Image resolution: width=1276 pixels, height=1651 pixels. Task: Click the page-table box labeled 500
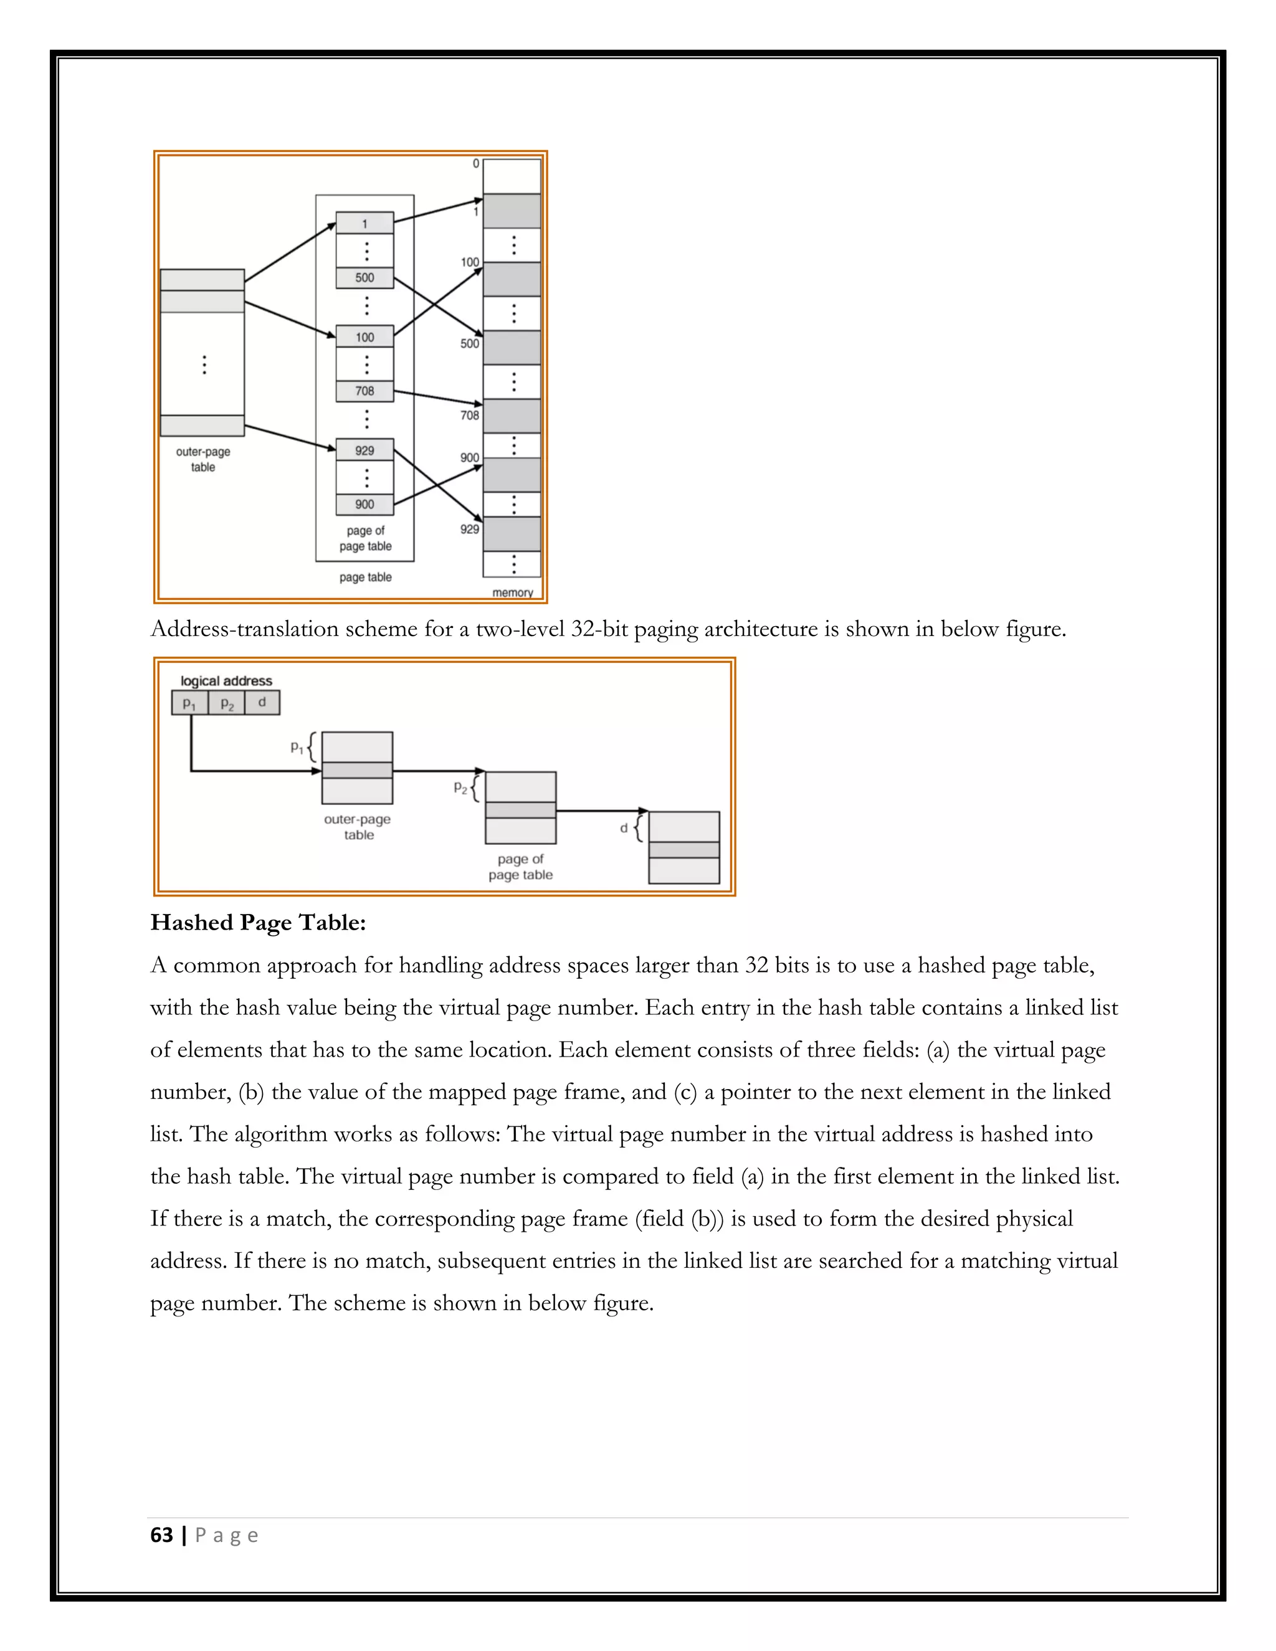[364, 277]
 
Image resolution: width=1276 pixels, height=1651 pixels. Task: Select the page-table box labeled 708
[364, 391]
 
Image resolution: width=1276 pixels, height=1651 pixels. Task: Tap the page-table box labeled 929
[364, 450]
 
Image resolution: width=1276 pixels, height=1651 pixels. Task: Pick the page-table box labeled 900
[364, 504]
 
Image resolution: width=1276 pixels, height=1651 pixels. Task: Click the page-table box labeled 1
[364, 223]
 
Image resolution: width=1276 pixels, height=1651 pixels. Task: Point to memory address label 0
[475, 163]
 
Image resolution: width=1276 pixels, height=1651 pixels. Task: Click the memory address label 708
[469, 415]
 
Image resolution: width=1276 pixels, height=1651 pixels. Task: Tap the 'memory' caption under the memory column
[513, 592]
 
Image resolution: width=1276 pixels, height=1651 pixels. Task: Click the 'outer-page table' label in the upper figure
[202, 459]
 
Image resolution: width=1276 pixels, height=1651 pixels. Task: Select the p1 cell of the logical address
[190, 702]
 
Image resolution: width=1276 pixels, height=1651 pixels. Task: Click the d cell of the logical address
[262, 702]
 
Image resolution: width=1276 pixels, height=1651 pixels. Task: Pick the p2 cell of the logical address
[226, 702]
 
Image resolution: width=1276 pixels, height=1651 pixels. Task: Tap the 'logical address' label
[226, 680]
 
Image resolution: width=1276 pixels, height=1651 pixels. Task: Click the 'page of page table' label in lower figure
[520, 867]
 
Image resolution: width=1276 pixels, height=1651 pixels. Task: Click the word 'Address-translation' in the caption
[244, 629]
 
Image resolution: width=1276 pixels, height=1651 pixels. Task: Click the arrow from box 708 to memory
[439, 397]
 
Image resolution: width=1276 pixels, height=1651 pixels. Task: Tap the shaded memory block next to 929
[512, 534]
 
